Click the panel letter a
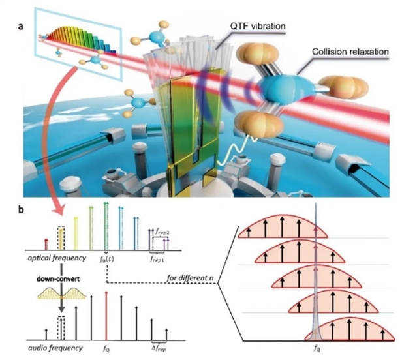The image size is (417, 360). click(x=20, y=27)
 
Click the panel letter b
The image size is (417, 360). click(x=21, y=209)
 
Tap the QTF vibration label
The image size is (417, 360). click(x=258, y=26)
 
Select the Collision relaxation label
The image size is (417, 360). click(x=350, y=52)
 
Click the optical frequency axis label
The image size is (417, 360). click(x=57, y=258)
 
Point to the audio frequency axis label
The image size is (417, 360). click(x=55, y=348)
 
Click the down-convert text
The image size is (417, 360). click(x=58, y=279)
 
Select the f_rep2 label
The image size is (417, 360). click(x=162, y=232)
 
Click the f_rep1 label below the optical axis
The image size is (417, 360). click(x=157, y=259)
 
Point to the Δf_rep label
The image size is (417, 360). click(x=159, y=348)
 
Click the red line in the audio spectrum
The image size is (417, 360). click(x=106, y=316)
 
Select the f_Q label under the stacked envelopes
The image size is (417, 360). click(x=317, y=348)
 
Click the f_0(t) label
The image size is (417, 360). click(x=106, y=259)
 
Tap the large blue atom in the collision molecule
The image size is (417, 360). click(x=283, y=87)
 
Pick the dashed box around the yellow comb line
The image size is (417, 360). click(x=61, y=238)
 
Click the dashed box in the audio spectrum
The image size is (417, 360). click(x=61, y=328)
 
